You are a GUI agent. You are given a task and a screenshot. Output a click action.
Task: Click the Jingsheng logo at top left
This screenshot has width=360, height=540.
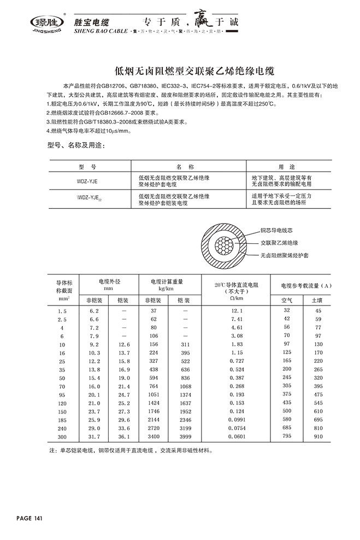pyautogui.click(x=46, y=23)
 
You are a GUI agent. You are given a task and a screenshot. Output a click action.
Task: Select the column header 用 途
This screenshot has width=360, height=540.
pyautogui.click(x=286, y=165)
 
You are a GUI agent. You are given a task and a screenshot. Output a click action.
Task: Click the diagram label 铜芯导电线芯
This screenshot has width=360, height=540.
pyautogui.click(x=280, y=230)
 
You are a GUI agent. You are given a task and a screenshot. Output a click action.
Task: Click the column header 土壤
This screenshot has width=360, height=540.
pyautogui.click(x=317, y=300)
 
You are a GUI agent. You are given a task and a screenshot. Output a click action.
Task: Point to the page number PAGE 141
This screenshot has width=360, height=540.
pyautogui.click(x=30, y=518)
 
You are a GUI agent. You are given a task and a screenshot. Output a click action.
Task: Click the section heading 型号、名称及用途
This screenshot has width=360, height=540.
pyautogui.click(x=73, y=146)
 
